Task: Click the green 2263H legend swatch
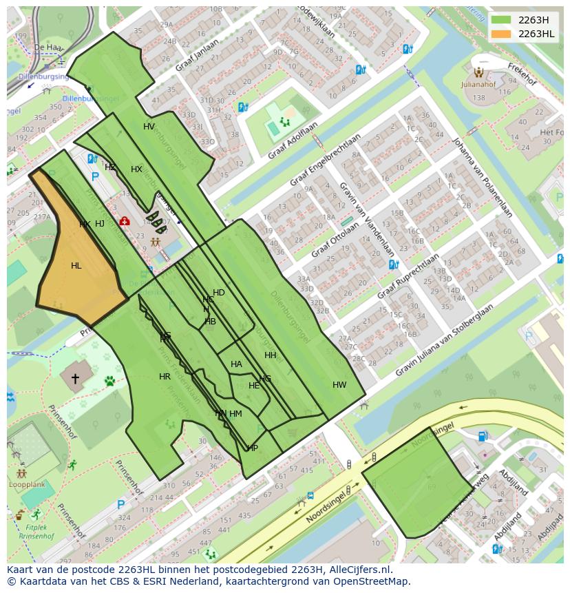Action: pyautogui.click(x=500, y=20)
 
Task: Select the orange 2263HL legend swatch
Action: pyautogui.click(x=500, y=34)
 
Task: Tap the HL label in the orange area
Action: pyautogui.click(x=76, y=266)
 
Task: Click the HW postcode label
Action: pyautogui.click(x=339, y=385)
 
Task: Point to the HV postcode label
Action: pyautogui.click(x=149, y=127)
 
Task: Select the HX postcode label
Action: pyautogui.click(x=136, y=169)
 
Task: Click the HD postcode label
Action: pyautogui.click(x=219, y=293)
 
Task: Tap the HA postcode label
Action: pyautogui.click(x=236, y=364)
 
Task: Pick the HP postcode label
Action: pyautogui.click(x=253, y=448)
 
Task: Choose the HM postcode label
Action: pyautogui.click(x=236, y=414)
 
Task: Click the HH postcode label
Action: pyautogui.click(x=271, y=355)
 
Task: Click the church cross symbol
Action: pyautogui.click(x=74, y=379)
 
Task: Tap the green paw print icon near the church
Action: pyautogui.click(x=109, y=380)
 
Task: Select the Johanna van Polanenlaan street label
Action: pyautogui.click(x=481, y=177)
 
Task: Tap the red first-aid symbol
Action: pyautogui.click(x=125, y=221)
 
